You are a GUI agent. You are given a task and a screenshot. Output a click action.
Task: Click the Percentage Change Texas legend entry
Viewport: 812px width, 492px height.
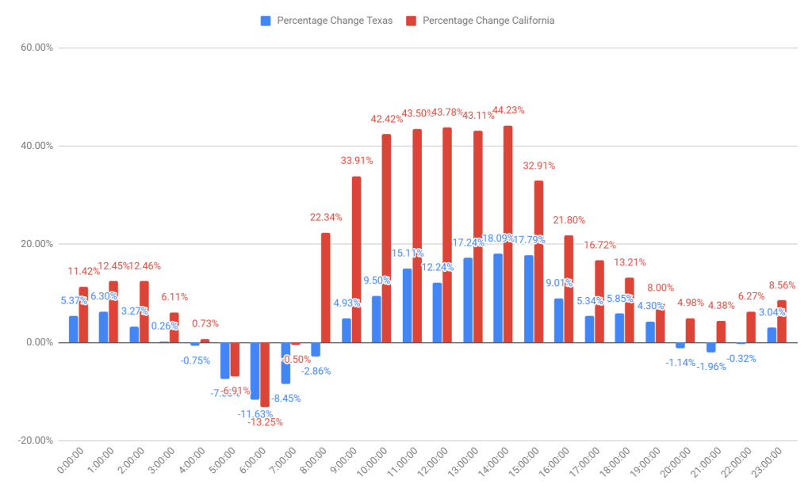click(x=327, y=21)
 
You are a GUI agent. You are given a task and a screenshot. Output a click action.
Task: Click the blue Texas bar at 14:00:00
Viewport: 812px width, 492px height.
click(x=498, y=298)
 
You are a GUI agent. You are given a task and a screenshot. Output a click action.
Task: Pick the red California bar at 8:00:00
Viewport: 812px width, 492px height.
click(x=326, y=288)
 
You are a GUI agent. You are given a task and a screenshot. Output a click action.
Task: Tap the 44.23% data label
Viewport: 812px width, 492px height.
click(x=508, y=110)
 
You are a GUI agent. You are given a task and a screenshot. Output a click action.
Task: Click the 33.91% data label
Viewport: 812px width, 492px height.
click(x=356, y=160)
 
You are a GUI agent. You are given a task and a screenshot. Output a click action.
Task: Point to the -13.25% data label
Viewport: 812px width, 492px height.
click(x=265, y=422)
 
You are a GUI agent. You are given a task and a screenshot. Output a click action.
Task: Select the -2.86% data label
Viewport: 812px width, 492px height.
click(x=316, y=371)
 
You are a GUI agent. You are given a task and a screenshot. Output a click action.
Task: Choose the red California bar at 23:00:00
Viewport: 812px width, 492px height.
click(x=782, y=321)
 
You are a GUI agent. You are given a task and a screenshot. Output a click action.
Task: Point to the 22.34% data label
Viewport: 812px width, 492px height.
click(x=326, y=217)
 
